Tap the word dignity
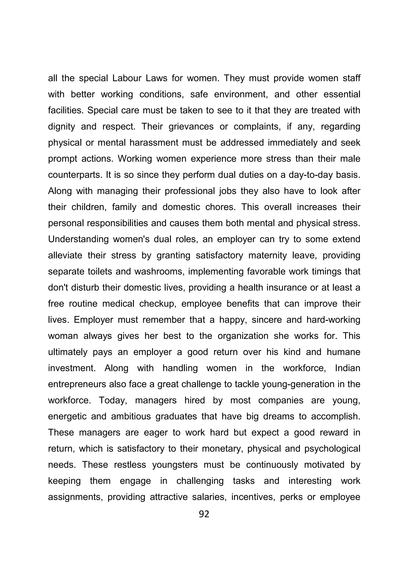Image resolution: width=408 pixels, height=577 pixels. tap(61, 127)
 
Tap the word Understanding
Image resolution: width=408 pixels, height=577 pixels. tap(78, 240)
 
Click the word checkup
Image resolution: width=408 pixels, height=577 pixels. tap(157, 304)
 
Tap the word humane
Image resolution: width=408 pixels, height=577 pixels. tap(343, 352)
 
